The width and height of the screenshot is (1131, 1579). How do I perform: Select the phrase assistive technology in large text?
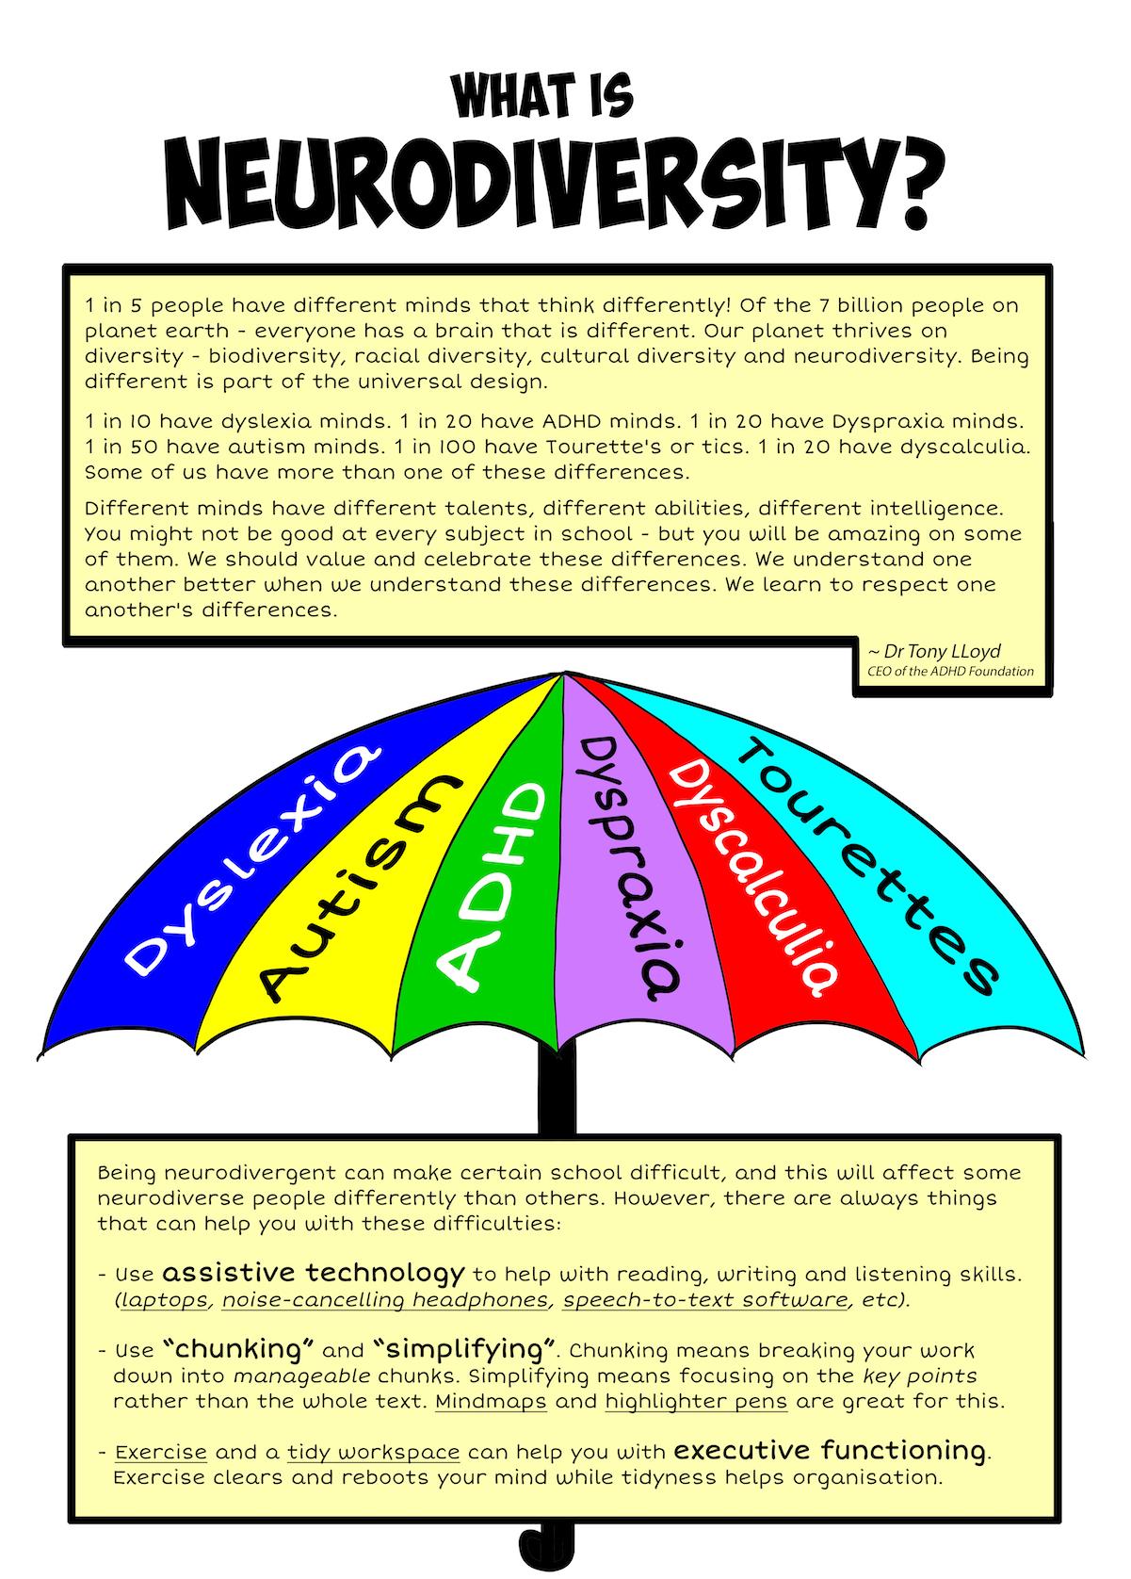click(x=313, y=1273)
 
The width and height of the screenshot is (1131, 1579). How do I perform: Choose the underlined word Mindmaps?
click(x=491, y=1401)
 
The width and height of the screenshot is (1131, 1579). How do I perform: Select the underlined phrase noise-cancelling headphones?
click(x=385, y=1300)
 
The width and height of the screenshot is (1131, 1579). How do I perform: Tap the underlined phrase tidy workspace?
click(x=374, y=1452)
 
